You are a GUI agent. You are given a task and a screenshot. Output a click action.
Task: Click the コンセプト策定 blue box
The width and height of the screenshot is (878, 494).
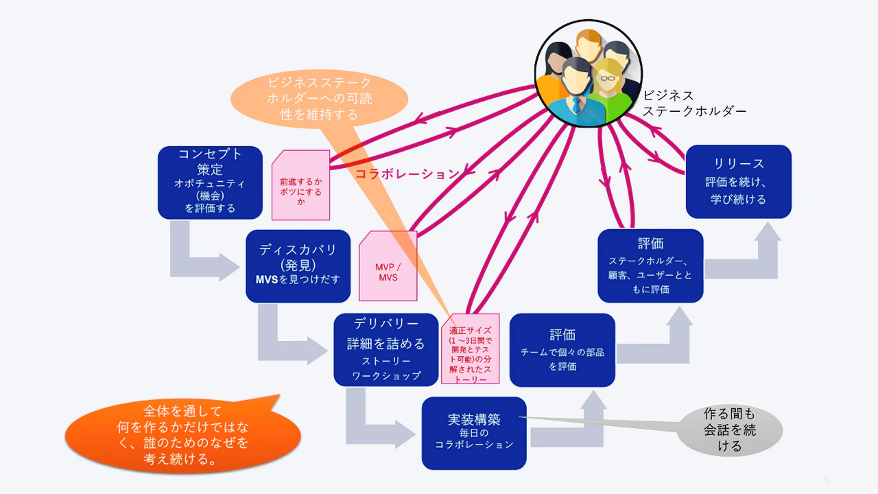point(210,183)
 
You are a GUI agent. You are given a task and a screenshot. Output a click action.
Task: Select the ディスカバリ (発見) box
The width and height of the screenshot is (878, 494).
point(298,266)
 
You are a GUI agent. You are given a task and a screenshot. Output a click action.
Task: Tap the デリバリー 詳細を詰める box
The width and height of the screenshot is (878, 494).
point(385,349)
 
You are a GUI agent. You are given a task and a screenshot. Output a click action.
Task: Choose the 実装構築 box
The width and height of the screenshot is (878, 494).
point(474,433)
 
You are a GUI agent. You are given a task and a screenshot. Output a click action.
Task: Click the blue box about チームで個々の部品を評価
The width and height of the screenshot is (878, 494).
point(562,349)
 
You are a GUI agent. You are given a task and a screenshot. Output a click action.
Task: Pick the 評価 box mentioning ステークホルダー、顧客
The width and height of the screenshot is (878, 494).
point(650,266)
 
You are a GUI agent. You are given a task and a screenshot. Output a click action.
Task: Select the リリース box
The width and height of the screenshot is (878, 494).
point(738,182)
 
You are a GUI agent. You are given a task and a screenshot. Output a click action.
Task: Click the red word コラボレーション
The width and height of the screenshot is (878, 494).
point(406,174)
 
